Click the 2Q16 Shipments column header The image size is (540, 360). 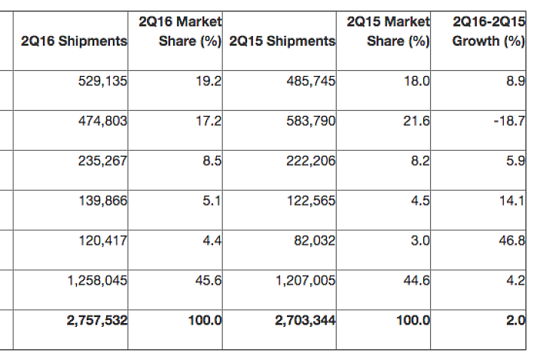[x=74, y=41]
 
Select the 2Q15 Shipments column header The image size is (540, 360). [x=282, y=41]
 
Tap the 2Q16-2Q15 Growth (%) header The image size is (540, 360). [x=488, y=32]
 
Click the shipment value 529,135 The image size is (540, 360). [x=102, y=81]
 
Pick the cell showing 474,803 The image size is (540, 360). [x=102, y=121]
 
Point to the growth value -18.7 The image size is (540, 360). [x=509, y=121]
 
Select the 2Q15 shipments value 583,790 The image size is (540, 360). [x=310, y=121]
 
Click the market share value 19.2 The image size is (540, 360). [x=209, y=81]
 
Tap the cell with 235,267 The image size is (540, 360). [x=102, y=161]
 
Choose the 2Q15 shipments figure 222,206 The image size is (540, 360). [x=310, y=161]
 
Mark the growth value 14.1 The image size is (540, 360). [x=512, y=200]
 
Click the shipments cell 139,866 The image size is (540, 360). [x=103, y=200]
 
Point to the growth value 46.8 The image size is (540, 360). [x=512, y=240]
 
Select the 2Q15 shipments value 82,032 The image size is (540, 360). [x=314, y=240]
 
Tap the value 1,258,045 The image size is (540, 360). [x=97, y=281]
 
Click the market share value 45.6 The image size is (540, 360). [x=209, y=280]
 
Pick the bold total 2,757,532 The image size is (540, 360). [x=97, y=320]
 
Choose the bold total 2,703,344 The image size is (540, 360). [x=305, y=320]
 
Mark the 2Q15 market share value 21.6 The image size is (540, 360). [x=416, y=121]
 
